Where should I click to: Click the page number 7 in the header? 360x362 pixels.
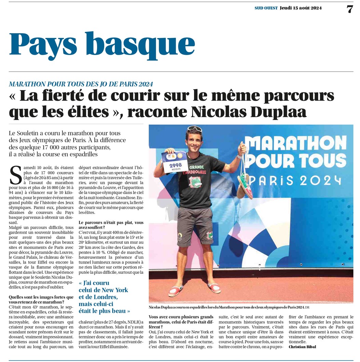click(349, 9)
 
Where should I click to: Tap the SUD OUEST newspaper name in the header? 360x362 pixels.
click(266, 8)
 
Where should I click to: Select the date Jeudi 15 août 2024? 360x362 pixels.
click(301, 8)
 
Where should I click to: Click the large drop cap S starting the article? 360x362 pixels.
click(15, 175)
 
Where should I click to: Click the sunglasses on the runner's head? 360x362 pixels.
click(195, 129)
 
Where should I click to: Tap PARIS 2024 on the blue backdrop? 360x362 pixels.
click(296, 180)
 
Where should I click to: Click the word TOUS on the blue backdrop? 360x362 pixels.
click(319, 160)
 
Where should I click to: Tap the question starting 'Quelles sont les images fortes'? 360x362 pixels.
click(41, 300)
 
